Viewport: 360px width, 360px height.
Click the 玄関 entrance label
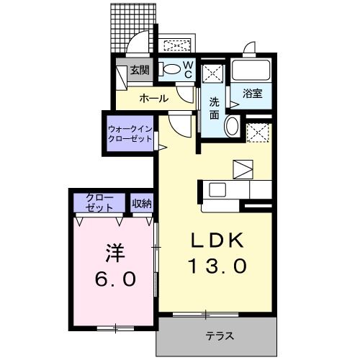[x=140, y=71]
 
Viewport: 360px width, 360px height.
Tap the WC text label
[x=186, y=69]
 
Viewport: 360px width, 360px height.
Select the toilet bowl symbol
[x=171, y=70]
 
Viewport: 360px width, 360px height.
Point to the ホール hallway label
[x=153, y=98]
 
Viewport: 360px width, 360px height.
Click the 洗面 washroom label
[x=215, y=108]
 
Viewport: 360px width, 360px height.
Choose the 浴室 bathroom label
[x=252, y=94]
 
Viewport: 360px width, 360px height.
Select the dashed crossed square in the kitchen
[x=256, y=132]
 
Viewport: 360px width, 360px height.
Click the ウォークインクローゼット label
[x=130, y=133]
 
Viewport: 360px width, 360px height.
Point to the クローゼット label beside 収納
[x=99, y=202]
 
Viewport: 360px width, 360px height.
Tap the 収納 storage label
[x=142, y=203]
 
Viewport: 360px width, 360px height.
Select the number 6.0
[x=115, y=279]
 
